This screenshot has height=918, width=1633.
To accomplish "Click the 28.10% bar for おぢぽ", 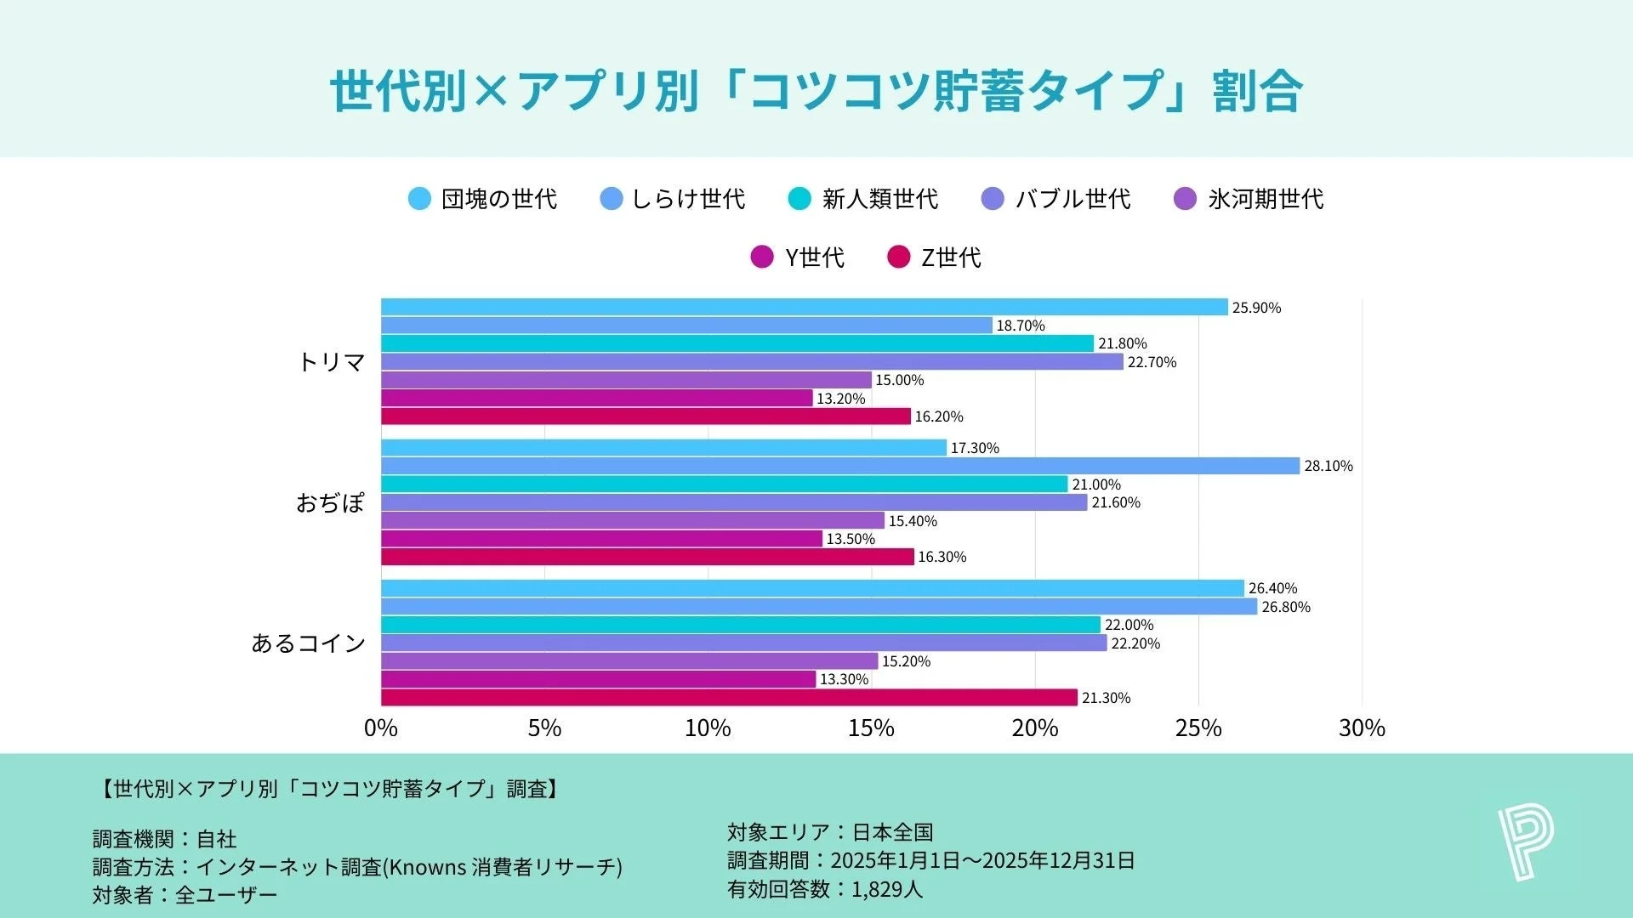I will pyautogui.click(x=840, y=466).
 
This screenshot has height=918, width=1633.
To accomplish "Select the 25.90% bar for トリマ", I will pyautogui.click(x=804, y=307).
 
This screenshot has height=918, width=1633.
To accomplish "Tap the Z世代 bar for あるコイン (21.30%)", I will pyautogui.click(x=729, y=698).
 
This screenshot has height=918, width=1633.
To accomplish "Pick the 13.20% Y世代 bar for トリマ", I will pyautogui.click(x=596, y=399).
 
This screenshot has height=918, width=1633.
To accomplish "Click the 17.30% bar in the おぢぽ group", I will pyautogui.click(x=663, y=448).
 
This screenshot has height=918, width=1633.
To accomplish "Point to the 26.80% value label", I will pyautogui.click(x=1285, y=607).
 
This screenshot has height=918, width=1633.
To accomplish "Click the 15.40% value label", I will pyautogui.click(x=913, y=521).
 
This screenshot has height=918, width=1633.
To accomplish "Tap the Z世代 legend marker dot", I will pyautogui.click(x=898, y=257).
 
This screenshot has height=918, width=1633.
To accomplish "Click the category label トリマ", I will pyautogui.click(x=331, y=362).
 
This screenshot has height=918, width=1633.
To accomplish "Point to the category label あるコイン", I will pyautogui.click(x=308, y=643).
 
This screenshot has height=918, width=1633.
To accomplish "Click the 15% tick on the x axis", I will pyautogui.click(x=871, y=728).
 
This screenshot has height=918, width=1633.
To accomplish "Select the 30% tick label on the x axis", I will pyautogui.click(x=1361, y=728).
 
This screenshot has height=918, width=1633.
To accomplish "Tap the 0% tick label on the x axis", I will pyautogui.click(x=380, y=728).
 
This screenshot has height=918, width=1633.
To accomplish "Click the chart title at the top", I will pyautogui.click(x=816, y=91).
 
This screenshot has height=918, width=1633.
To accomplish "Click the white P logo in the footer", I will pyautogui.click(x=1526, y=842).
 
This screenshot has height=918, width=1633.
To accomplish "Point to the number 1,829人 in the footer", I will pyautogui.click(x=886, y=889).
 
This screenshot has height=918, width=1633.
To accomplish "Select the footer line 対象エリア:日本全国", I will pyautogui.click(x=829, y=832).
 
